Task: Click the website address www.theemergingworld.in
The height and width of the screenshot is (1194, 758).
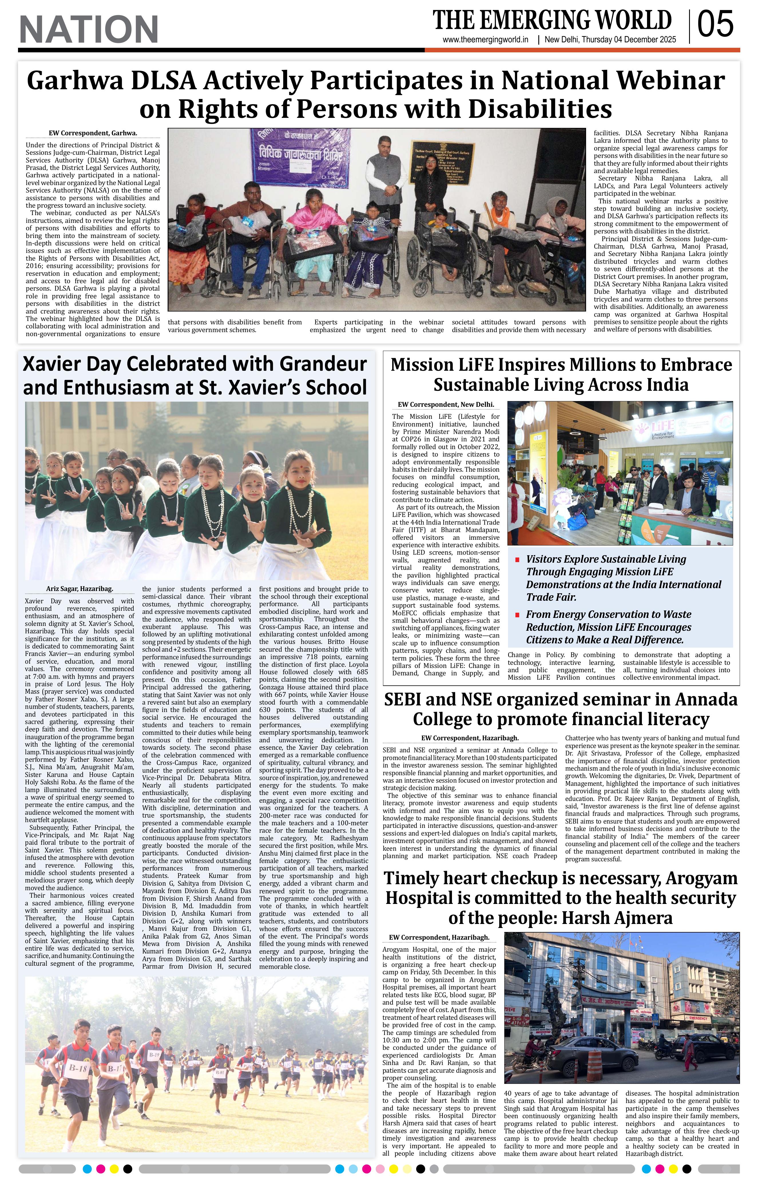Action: point(485,40)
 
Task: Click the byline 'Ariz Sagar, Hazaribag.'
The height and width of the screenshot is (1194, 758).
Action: point(79,589)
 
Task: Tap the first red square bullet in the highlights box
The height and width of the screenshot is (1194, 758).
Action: point(517,560)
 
